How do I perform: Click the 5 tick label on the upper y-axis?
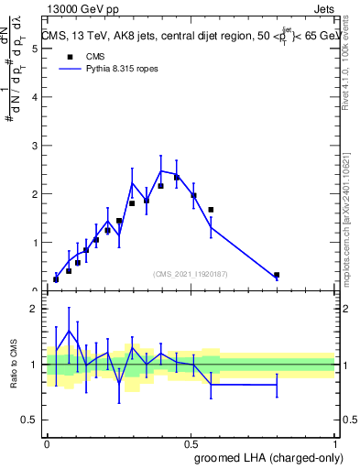pos(35,49)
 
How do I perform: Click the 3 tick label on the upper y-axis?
pos(35,146)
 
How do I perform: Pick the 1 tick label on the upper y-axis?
pos(35,243)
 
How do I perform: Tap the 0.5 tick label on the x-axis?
pos(191,443)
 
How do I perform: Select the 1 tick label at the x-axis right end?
pos(334,443)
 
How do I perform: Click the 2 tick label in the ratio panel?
pos(35,309)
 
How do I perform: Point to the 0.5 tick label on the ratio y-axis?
pos(31,420)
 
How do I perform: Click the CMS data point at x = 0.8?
pos(277,275)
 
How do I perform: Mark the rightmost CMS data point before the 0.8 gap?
pos(211,210)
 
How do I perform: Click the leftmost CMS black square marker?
pos(56,279)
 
